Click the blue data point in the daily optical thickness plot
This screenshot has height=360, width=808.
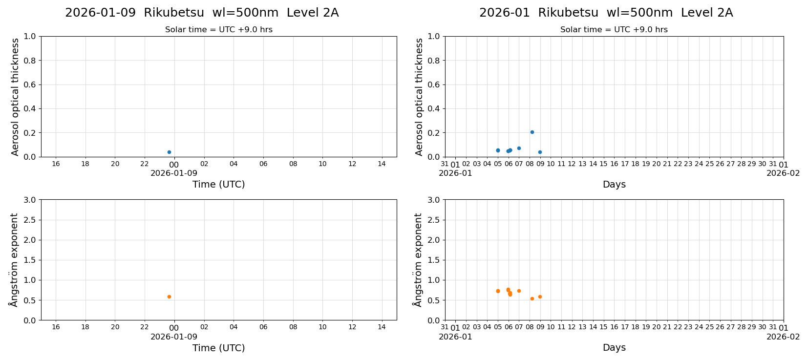(x=169, y=152)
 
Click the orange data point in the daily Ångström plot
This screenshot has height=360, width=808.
(x=169, y=296)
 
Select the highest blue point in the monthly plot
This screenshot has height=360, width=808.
(x=532, y=132)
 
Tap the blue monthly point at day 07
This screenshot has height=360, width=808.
(x=519, y=148)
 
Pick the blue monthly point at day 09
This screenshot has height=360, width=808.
(x=540, y=152)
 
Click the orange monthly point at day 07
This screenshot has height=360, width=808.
(x=519, y=291)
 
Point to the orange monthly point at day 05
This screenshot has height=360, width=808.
(x=498, y=291)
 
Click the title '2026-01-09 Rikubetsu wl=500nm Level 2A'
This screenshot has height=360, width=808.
(x=202, y=13)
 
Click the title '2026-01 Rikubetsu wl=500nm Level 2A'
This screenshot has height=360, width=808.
(x=606, y=13)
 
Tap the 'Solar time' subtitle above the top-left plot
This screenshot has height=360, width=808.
(x=218, y=30)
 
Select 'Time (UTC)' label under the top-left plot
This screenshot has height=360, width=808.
(x=218, y=184)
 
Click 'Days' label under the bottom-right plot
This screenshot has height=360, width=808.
(x=614, y=347)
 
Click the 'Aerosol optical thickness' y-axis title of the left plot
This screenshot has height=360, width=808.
(x=15, y=97)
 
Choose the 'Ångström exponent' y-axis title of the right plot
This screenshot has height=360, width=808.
(x=418, y=260)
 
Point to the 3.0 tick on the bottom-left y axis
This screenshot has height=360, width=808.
(x=30, y=200)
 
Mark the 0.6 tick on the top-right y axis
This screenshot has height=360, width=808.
(x=434, y=85)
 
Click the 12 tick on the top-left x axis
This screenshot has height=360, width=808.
(x=352, y=164)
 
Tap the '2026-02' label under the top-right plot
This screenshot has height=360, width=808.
(x=783, y=173)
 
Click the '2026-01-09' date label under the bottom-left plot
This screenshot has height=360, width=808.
(x=174, y=337)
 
